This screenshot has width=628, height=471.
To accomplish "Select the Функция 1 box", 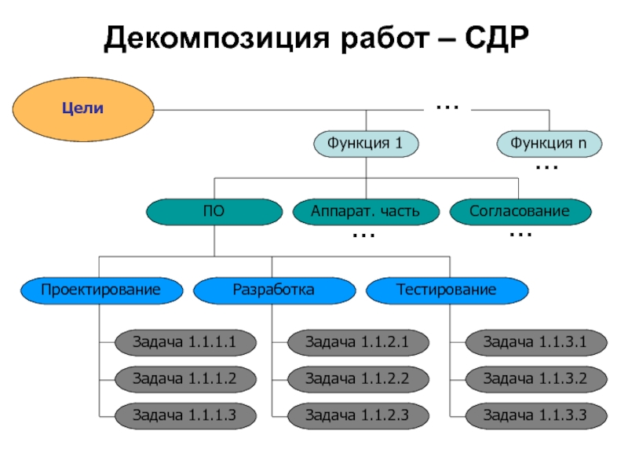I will pos(365,144).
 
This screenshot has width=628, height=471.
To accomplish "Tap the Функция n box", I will pos(549,144).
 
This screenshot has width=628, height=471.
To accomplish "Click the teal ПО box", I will pos(214,211).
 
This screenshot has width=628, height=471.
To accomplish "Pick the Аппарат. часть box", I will pos(365,211).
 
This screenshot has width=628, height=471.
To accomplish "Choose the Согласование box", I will pos(520,211).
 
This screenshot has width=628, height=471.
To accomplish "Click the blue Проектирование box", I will pos(100,290).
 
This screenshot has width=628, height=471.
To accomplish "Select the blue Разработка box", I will pos(273,290).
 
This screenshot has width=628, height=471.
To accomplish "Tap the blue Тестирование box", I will pos(447,290).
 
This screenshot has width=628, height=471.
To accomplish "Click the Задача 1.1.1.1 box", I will pos(184,341).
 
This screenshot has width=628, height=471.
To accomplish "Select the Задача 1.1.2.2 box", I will pos(357,378).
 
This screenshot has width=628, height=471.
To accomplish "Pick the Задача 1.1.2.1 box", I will pos(357,341).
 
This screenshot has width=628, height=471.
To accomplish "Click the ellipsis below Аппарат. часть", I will pos(363,235).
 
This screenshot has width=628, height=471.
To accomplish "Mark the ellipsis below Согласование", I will pos(520,235).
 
